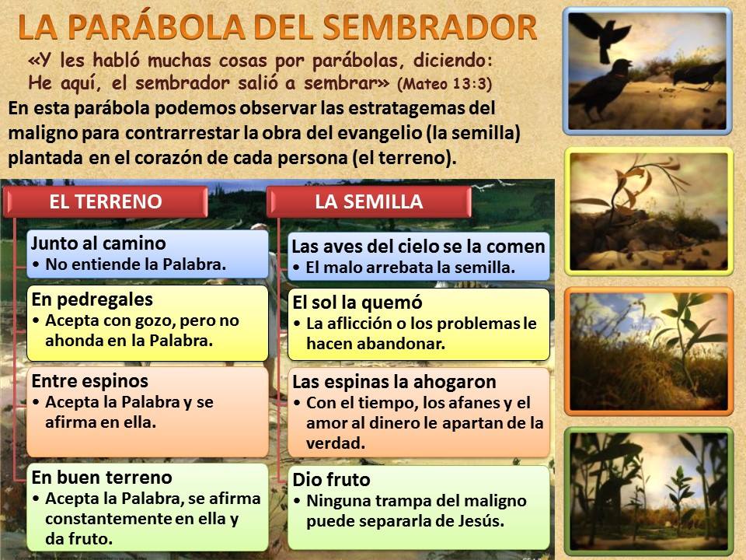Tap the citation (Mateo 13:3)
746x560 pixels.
(444, 84)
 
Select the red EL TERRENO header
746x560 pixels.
(106, 201)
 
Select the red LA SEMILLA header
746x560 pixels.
(368, 201)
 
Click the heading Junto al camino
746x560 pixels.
(99, 243)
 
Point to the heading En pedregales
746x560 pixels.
(92, 299)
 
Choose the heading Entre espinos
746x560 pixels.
(90, 381)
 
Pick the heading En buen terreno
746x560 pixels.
(102, 477)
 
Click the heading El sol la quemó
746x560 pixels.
(357, 303)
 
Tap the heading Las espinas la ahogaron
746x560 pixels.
(395, 382)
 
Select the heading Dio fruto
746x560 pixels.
(332, 480)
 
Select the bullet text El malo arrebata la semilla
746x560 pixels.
(410, 268)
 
